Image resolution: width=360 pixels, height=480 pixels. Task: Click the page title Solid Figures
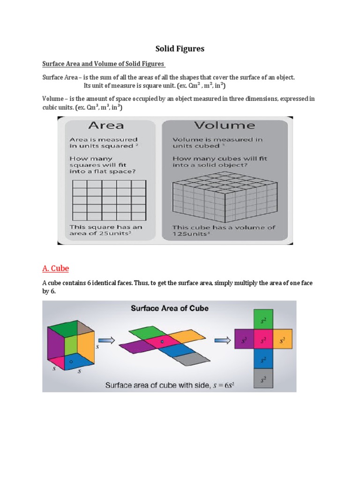[x=180, y=49]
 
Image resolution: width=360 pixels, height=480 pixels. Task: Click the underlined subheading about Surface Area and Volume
[x=104, y=64]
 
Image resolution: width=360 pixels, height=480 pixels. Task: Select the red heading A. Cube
[x=55, y=269]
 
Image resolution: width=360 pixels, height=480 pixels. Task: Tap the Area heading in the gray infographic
[x=106, y=125]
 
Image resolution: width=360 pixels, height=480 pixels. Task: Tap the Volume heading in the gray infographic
[x=225, y=125]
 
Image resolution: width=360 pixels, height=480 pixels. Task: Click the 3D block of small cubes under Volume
[x=225, y=195]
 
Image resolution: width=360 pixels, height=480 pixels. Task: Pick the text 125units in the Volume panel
[x=190, y=233]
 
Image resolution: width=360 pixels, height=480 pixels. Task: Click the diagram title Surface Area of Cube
[x=169, y=308]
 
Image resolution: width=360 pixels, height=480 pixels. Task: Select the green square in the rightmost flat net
[x=263, y=320]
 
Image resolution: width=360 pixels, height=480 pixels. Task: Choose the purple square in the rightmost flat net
[x=244, y=339]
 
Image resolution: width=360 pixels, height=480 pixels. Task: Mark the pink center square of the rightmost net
[x=263, y=339]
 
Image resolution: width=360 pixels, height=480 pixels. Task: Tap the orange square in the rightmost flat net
[x=282, y=339]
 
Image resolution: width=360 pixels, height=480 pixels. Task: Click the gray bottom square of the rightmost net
[x=263, y=378]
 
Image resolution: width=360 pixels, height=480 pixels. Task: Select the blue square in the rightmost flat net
[x=263, y=359]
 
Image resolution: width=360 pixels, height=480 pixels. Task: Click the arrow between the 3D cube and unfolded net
[x=106, y=341]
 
